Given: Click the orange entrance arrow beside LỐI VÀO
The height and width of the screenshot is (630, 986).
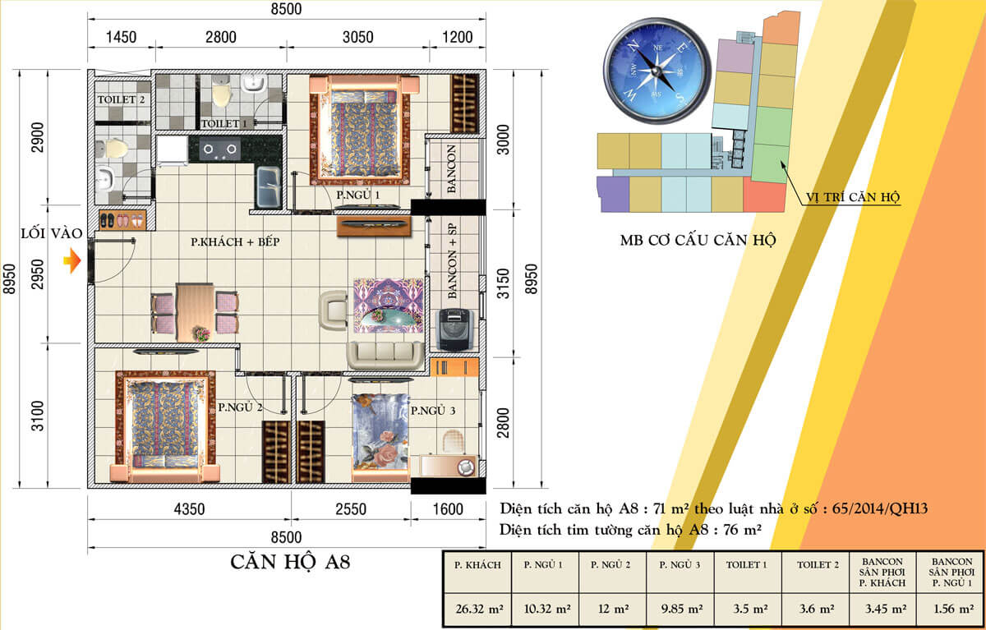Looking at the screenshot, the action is [x=72, y=260].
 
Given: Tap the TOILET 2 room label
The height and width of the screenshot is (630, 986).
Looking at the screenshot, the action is [x=121, y=100].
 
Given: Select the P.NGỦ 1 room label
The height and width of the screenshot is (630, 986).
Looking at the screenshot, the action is [x=358, y=195].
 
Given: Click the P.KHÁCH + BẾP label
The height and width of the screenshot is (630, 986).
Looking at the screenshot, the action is [x=235, y=242].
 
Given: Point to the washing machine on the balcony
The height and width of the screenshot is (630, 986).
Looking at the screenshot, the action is [x=454, y=329].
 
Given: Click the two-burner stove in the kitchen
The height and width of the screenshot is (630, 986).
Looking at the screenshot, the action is [x=219, y=149].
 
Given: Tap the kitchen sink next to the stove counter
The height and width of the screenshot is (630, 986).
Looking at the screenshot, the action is [x=269, y=187].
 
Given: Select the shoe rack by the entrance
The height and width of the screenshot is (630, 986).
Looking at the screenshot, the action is [x=122, y=220].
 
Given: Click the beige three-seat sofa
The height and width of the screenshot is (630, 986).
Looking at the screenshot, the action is [x=385, y=355].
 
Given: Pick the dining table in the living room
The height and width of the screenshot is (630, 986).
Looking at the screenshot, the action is [x=195, y=312].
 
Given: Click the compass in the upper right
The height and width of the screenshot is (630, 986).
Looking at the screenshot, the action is [x=657, y=71].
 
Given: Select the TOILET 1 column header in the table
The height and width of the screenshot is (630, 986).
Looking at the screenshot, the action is [x=747, y=565].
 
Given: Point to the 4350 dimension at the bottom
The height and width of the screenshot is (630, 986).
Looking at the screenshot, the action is [x=189, y=509].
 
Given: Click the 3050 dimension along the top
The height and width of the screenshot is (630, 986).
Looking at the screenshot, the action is [x=358, y=37].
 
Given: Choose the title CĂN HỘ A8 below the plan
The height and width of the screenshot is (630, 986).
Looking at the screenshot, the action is [x=290, y=563].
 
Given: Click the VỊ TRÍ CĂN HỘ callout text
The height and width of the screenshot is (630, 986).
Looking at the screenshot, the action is [x=853, y=197].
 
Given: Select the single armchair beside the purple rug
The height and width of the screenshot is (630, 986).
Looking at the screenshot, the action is [x=334, y=310].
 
